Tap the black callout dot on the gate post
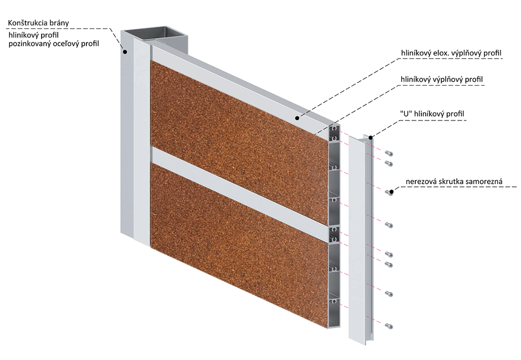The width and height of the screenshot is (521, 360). point(124,51)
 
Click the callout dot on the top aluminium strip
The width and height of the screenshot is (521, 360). point(296,119)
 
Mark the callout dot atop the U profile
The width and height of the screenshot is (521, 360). point(371,137)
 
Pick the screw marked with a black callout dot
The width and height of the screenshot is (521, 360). point(390,192)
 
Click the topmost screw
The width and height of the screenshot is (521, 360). point(389,153)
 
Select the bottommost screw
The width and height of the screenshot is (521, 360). point(389,325)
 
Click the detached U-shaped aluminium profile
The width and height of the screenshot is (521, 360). point(358,239)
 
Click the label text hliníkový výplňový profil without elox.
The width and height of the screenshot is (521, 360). point(441,79)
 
